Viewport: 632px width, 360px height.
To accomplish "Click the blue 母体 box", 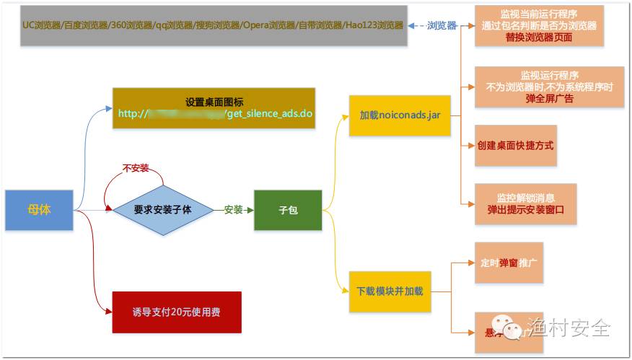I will (39, 210).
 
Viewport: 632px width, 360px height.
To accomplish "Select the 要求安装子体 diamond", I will (163, 210).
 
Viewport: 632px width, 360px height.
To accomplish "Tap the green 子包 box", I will (287, 210).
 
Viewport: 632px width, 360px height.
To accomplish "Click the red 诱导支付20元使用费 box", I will (176, 312).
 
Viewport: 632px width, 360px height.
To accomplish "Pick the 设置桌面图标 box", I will (214, 108).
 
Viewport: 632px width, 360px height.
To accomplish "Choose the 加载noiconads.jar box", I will (400, 115).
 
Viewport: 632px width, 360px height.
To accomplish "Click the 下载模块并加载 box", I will (390, 291).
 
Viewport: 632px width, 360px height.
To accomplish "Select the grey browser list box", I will (214, 26).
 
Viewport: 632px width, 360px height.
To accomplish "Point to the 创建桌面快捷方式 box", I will (515, 145).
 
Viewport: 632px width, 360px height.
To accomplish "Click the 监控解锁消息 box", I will (525, 204).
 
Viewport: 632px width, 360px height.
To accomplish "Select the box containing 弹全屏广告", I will (549, 87).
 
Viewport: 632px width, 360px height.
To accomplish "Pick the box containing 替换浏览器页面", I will (539, 26).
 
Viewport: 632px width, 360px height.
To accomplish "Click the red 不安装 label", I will (136, 168).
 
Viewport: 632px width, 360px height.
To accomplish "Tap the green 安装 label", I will (233, 210).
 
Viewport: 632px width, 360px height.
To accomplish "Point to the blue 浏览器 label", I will (442, 26).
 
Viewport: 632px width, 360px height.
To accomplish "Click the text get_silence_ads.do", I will (271, 114).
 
